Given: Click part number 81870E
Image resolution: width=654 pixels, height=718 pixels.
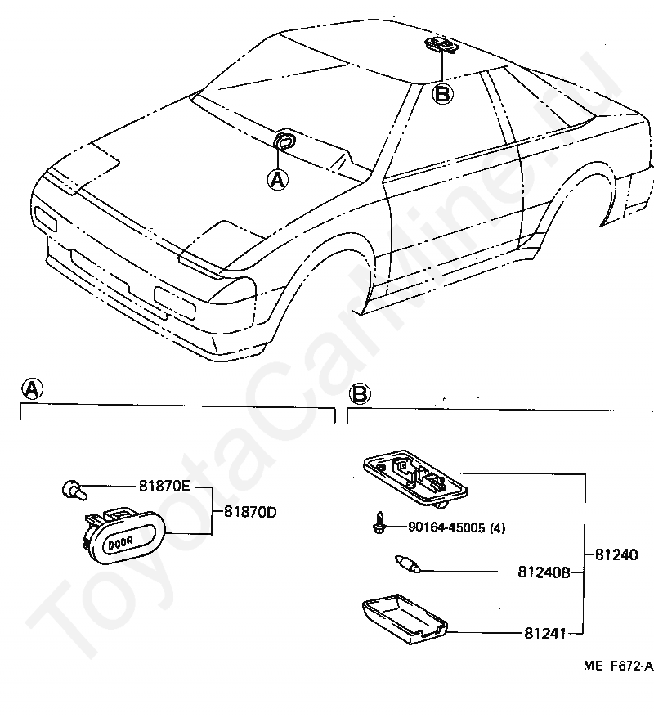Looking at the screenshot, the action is (163, 486).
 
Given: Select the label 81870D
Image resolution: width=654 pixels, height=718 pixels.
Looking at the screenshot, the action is (250, 512).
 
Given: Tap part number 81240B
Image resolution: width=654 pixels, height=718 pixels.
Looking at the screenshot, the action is (544, 572).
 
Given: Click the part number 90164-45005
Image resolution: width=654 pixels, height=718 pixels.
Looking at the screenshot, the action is (446, 528).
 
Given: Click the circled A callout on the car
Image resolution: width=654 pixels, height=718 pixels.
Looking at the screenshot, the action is (278, 180).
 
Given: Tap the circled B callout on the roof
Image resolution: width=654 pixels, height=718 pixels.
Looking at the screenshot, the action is (442, 94).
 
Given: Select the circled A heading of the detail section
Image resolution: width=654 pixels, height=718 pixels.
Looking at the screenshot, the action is (33, 389).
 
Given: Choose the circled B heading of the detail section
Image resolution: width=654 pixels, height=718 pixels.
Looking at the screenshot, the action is (360, 394).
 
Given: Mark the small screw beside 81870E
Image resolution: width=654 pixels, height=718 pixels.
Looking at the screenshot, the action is (74, 490).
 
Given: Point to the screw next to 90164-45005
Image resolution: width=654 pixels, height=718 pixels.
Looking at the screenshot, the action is (379, 523).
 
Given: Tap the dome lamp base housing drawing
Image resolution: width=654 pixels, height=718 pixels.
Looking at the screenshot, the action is (415, 478).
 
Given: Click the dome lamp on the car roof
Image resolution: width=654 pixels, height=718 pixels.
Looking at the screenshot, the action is (441, 45).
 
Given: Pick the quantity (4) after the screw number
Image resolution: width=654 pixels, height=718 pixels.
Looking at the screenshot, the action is (498, 528).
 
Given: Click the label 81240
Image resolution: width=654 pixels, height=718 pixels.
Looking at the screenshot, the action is (616, 555).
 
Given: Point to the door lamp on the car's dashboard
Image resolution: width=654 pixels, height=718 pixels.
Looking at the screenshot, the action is (284, 140).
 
